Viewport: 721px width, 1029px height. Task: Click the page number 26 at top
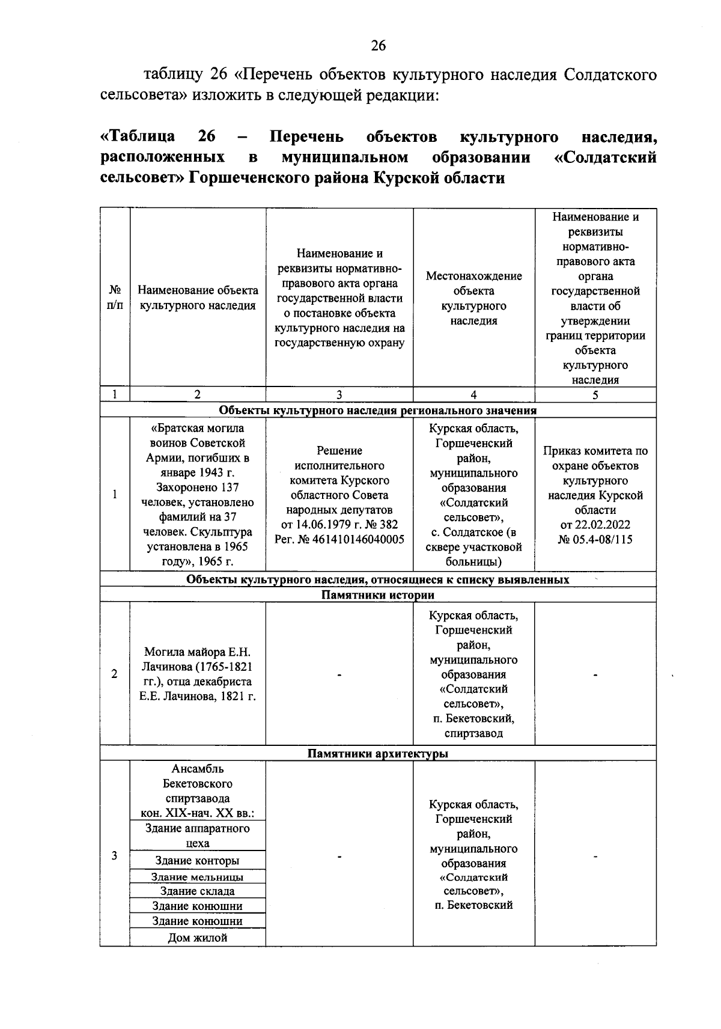378,46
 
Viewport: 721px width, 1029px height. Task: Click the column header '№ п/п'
114,298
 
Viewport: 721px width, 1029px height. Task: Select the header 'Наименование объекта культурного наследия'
198,298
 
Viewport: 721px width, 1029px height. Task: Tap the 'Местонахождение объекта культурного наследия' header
473,298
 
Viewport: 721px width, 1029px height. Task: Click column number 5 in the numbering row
595,395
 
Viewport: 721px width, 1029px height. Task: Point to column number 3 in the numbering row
339,395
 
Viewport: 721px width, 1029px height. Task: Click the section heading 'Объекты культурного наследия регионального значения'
377,411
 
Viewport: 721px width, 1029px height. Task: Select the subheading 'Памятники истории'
377,595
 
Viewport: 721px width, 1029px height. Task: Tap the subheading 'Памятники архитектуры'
377,754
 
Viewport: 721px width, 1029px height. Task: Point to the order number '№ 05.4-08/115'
595,540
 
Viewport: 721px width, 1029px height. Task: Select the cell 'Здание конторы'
197,861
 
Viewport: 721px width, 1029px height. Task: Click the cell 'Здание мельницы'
197,877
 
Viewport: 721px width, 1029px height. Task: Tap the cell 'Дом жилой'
197,938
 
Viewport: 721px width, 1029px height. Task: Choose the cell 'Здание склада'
197,891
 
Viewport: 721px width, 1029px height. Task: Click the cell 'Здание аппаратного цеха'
197,835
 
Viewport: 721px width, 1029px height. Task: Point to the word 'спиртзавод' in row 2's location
473,733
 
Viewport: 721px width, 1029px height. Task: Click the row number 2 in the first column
114,674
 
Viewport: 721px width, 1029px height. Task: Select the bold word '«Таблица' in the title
137,137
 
